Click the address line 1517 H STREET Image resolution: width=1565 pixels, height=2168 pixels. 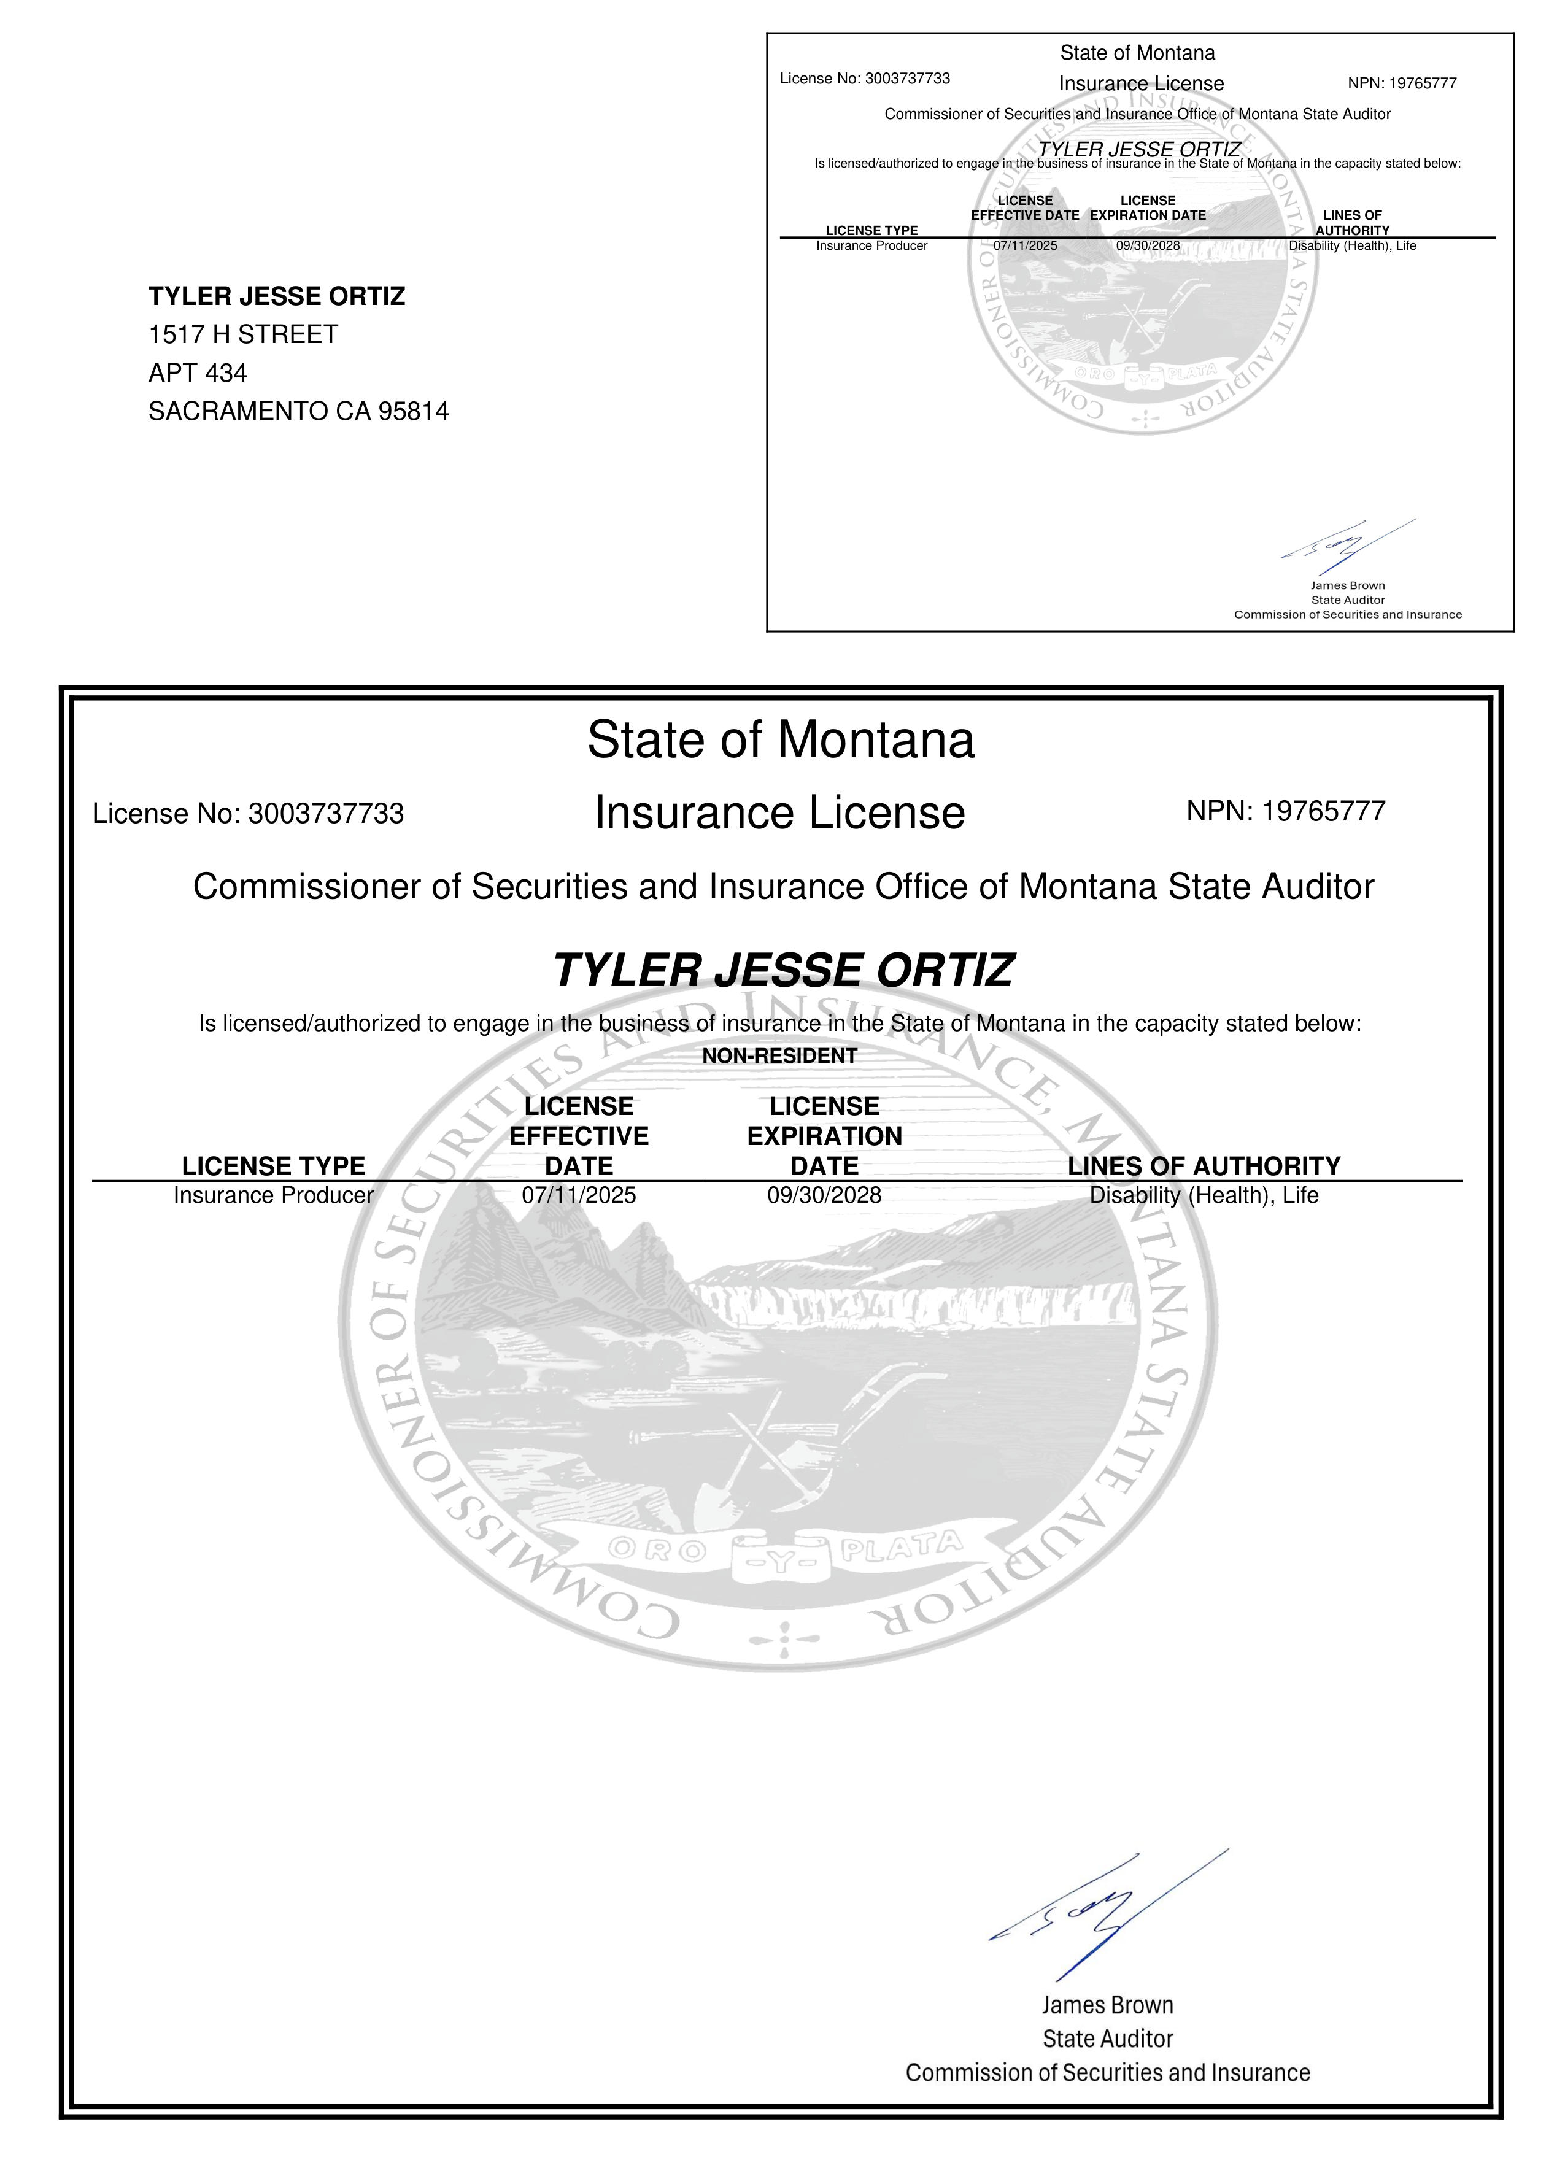pyautogui.click(x=243, y=334)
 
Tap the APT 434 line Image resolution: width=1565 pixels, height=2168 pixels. pyautogui.click(x=198, y=373)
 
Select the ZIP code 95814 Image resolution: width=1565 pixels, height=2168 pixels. pyautogui.click(x=414, y=411)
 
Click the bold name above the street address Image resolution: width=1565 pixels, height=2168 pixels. pyautogui.click(x=276, y=296)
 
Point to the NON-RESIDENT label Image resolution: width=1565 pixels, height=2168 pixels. pyautogui.click(x=779, y=1055)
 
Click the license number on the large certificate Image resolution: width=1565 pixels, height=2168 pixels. pyautogui.click(x=325, y=814)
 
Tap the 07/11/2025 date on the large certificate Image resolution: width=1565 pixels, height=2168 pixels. pyautogui.click(x=578, y=1195)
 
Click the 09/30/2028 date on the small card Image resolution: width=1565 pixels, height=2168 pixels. pyautogui.click(x=1147, y=245)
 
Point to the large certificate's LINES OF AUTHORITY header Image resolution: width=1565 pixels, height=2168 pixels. pyautogui.click(x=1204, y=1166)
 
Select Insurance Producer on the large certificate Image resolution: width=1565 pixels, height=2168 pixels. pyautogui.click(x=274, y=1195)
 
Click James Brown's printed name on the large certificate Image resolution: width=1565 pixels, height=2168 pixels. pyautogui.click(x=1107, y=2005)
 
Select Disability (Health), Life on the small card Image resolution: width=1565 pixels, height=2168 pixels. pyautogui.click(x=1352, y=245)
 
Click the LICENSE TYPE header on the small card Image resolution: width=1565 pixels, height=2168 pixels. pyautogui.click(x=871, y=230)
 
